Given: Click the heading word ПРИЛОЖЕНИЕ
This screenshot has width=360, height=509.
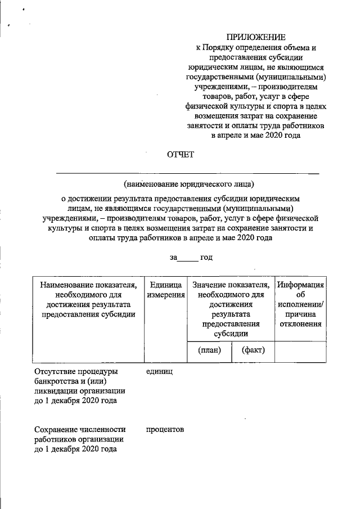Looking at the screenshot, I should (x=256, y=37).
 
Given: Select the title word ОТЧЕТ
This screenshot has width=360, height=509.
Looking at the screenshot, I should (x=180, y=155).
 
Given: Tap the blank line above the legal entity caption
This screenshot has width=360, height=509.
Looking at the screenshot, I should (x=188, y=172).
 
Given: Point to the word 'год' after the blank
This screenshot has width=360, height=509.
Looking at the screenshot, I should (x=206, y=257).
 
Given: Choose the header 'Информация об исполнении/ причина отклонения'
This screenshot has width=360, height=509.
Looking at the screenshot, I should (x=300, y=304).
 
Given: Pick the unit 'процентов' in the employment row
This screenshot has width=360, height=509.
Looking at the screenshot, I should (x=165, y=429).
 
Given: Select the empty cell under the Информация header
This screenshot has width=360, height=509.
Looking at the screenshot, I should (x=300, y=350).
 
